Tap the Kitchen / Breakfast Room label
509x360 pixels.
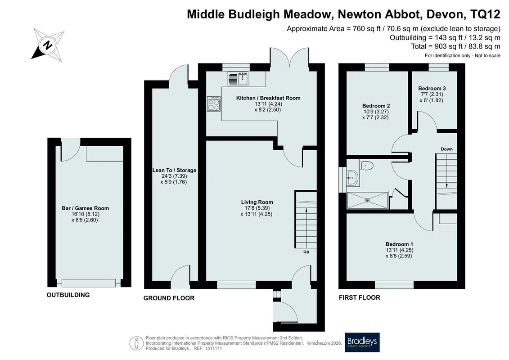pos(268,98)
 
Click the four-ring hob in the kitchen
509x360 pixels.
pos(214,104)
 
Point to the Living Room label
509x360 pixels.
pos(257,202)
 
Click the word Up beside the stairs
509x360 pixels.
pos(306,252)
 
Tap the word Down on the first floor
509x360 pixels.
pos(447,149)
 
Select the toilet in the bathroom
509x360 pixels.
pos(366,165)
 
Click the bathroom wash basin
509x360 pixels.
pos(352,177)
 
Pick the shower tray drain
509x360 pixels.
pos(368,200)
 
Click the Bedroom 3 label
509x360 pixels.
pos(432,88)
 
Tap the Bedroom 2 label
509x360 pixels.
pos(376,106)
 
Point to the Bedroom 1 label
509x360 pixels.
pos(399,244)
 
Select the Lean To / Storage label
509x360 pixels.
pos(174,171)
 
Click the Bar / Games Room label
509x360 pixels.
pos(86,208)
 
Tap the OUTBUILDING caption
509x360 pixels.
pos(68,295)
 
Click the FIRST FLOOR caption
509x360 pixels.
pos(359,297)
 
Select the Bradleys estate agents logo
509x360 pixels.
pos(362,342)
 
